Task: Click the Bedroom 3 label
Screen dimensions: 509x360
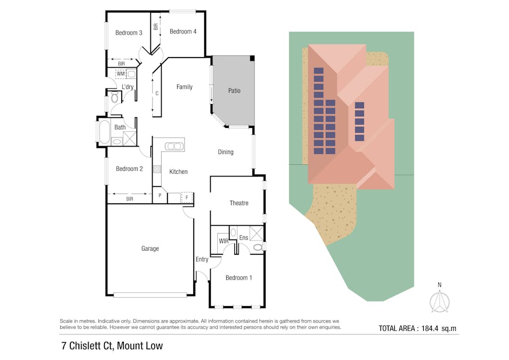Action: tap(129, 33)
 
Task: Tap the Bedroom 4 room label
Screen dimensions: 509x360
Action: tap(183, 31)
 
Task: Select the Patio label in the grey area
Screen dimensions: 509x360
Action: tap(234, 91)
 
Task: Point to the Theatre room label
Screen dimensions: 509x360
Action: tap(239, 203)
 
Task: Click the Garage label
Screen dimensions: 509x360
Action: tap(150, 249)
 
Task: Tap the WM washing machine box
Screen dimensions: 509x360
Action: tap(121, 74)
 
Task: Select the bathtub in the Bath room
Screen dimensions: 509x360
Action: tap(104, 132)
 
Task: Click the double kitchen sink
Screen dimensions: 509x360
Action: tap(174, 147)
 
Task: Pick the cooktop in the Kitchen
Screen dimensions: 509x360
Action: tap(157, 169)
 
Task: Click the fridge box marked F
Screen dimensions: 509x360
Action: tap(187, 197)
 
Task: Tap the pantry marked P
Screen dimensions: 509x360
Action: tap(160, 195)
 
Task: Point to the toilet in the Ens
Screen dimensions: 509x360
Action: tap(258, 247)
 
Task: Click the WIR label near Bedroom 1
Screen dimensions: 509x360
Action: tap(224, 241)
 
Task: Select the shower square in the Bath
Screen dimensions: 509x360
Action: tap(130, 139)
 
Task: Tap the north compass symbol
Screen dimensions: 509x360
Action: tap(440, 301)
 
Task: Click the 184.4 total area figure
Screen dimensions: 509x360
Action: tap(430, 328)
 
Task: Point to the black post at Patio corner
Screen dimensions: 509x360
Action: tap(252, 58)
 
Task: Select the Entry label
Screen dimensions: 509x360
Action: tap(202, 259)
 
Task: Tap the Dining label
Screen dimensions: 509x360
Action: tap(226, 152)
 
